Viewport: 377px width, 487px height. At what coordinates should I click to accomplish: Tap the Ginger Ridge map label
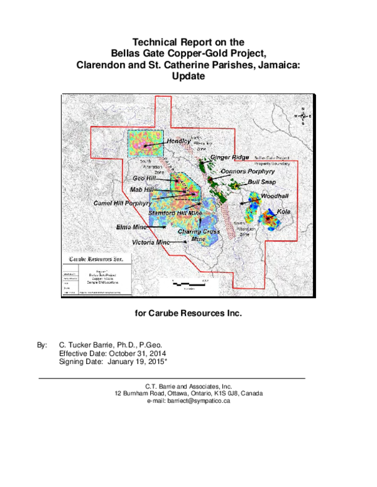pyautogui.click(x=230, y=157)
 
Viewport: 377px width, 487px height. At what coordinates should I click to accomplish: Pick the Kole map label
pyautogui.click(x=284, y=211)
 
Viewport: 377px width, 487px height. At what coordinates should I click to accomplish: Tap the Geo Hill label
pyautogui.click(x=145, y=179)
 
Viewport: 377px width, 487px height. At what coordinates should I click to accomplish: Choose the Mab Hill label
pyautogui.click(x=141, y=190)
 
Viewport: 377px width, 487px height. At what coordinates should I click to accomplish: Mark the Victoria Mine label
pyautogui.click(x=151, y=242)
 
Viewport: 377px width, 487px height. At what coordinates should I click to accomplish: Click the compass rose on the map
pyautogui.click(x=303, y=116)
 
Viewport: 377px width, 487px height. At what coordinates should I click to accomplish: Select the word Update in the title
pyautogui.click(x=188, y=76)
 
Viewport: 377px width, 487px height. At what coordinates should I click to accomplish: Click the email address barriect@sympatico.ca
pyautogui.click(x=188, y=401)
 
